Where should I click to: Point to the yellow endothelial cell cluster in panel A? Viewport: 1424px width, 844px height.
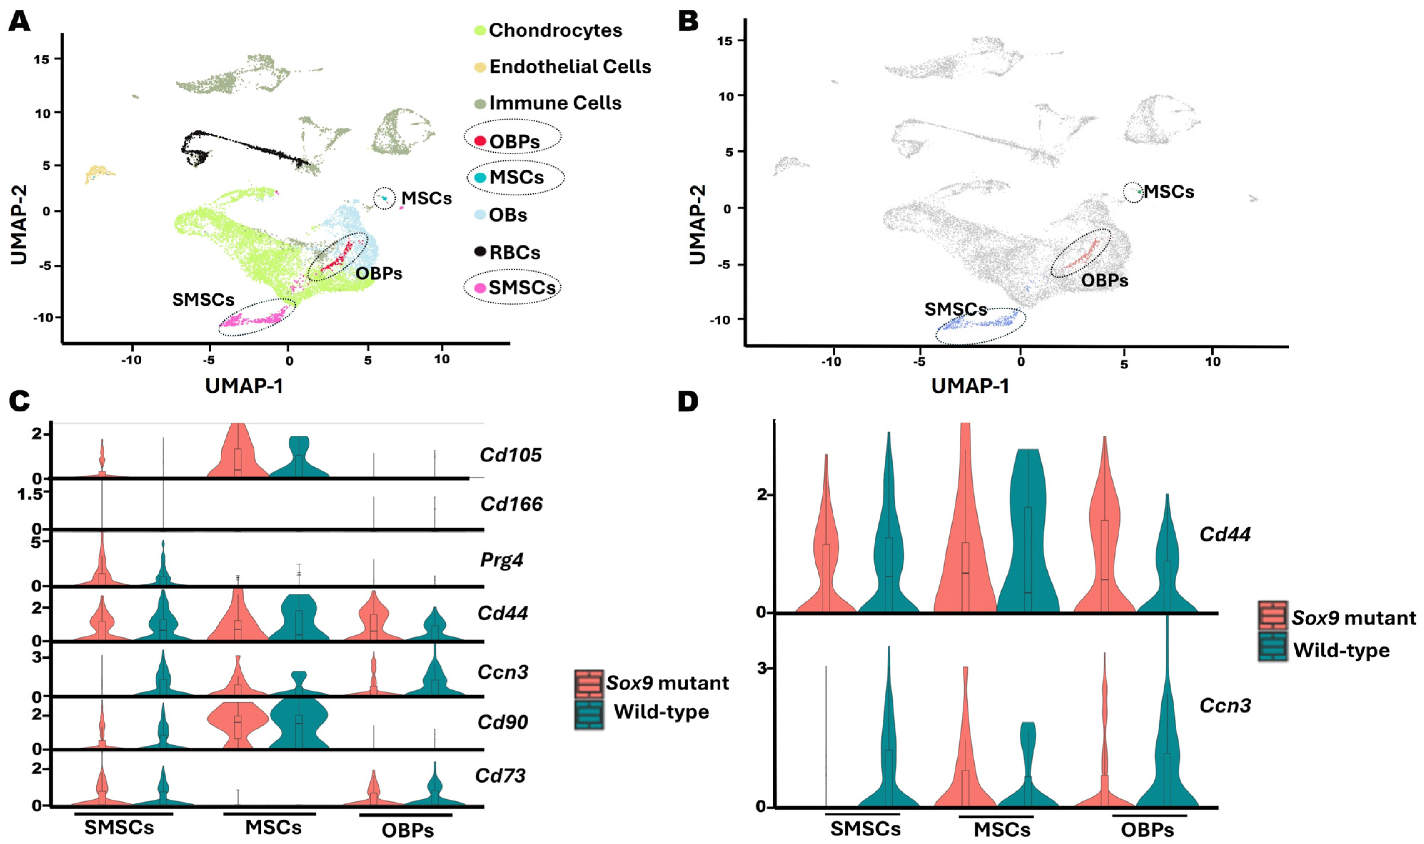(100, 173)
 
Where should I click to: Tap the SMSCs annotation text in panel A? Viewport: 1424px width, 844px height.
(203, 299)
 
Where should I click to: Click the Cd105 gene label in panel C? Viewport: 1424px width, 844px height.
(510, 455)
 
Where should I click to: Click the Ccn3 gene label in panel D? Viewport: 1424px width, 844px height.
(1225, 705)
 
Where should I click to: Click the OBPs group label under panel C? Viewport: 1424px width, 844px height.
(408, 830)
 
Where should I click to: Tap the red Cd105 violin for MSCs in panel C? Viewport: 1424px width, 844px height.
(238, 455)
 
